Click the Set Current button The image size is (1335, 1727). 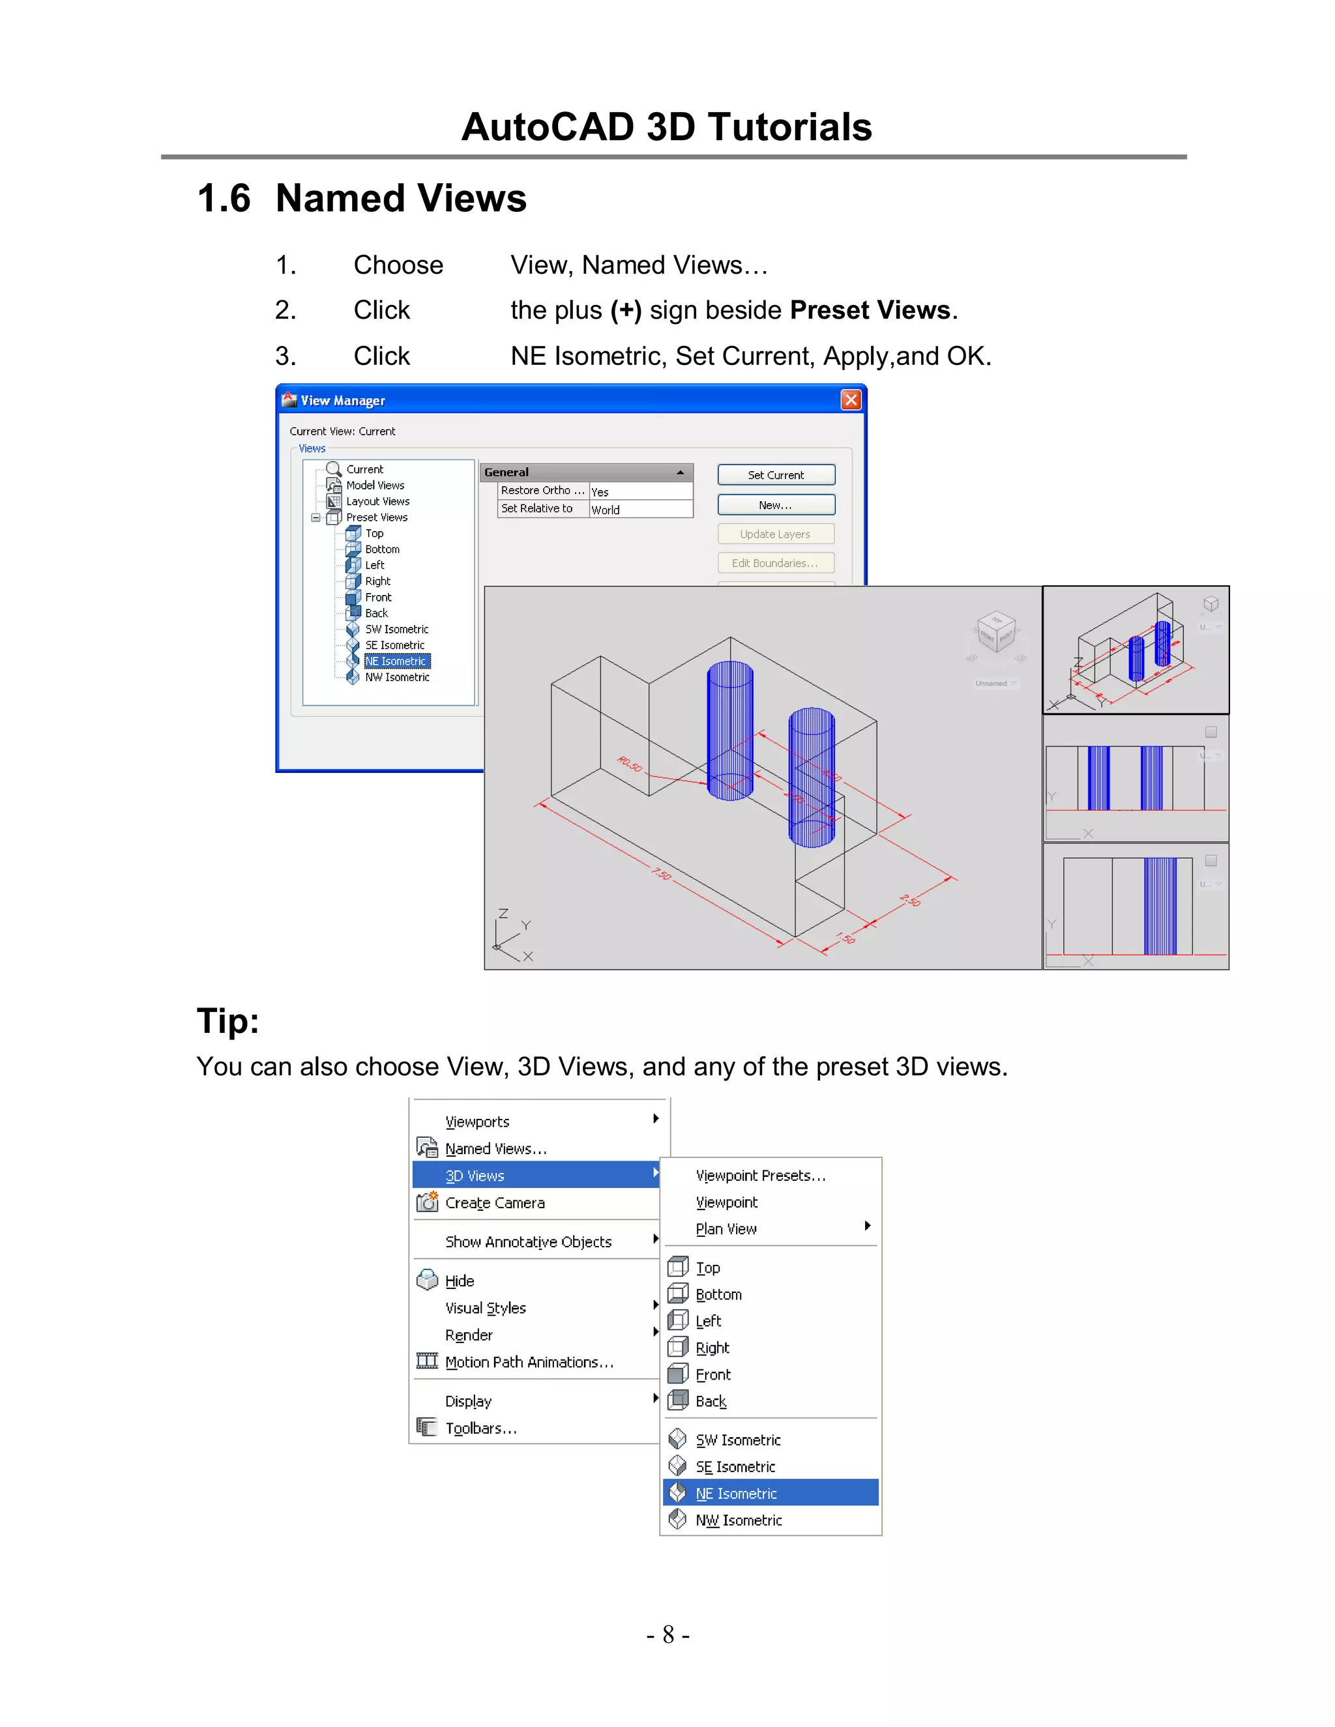point(776,474)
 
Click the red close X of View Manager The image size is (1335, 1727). point(850,400)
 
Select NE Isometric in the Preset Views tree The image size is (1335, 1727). point(396,661)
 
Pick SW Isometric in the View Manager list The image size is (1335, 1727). point(396,630)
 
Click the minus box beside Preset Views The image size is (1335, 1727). point(315,518)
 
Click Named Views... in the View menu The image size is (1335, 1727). point(496,1148)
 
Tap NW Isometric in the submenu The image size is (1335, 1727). point(738,1520)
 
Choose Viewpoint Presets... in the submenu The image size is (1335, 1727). point(761,1175)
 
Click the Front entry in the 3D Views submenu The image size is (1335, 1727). point(712,1374)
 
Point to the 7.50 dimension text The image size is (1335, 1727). point(661,873)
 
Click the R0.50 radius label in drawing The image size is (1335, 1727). point(630,764)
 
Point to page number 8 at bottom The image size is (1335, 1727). point(668,1634)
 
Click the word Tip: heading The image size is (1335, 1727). point(227,1020)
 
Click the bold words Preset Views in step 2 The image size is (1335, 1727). point(870,310)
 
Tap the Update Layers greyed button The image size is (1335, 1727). point(775,534)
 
